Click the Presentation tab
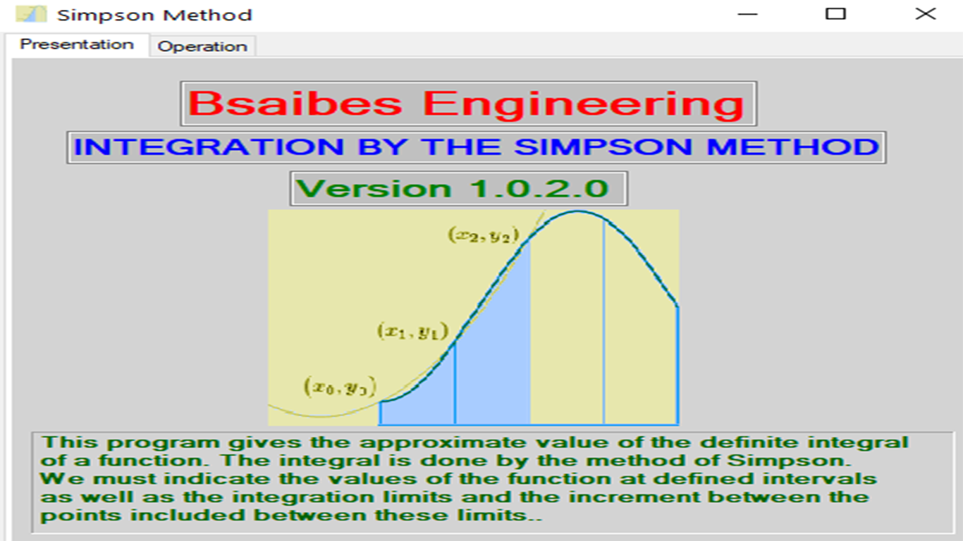point(78,44)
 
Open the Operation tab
point(202,46)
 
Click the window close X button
point(925,14)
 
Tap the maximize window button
point(835,14)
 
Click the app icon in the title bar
point(31,14)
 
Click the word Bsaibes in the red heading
point(295,104)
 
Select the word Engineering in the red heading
point(584,104)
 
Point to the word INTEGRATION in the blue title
point(209,147)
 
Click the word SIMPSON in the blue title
point(603,147)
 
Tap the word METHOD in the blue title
point(792,147)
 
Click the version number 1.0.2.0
point(539,189)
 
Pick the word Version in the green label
point(374,189)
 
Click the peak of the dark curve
point(578,211)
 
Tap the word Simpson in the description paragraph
point(789,461)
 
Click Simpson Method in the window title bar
point(154,15)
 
